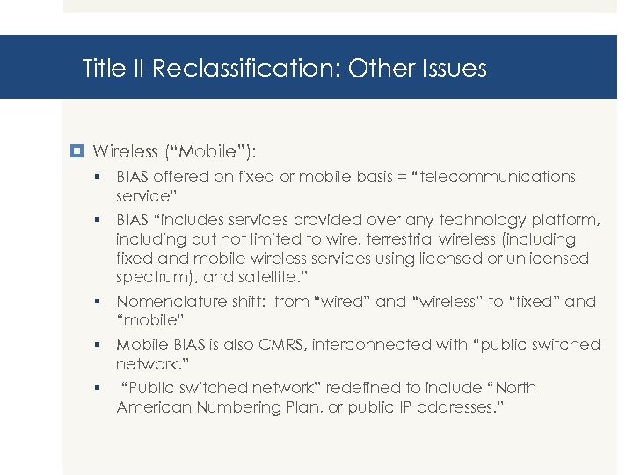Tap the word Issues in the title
click(453, 69)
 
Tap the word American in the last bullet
click(151, 407)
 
